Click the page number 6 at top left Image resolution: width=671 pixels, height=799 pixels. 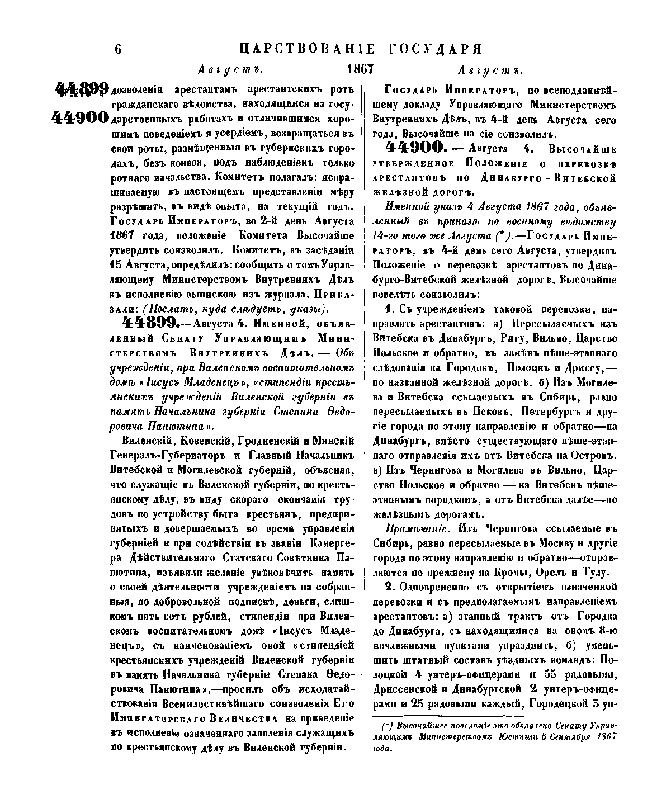118,49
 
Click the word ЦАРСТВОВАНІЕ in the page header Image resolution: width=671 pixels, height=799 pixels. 304,48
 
